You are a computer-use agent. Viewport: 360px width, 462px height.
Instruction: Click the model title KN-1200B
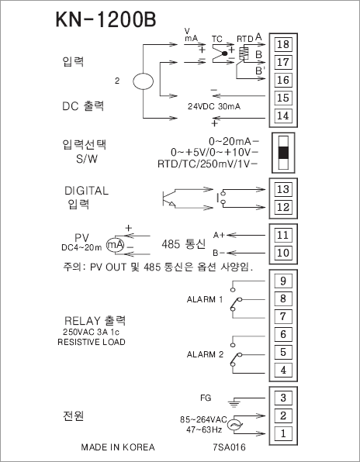pos(106,19)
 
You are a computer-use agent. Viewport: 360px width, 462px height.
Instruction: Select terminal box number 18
pos(283,44)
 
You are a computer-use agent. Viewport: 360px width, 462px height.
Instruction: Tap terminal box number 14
pos(283,115)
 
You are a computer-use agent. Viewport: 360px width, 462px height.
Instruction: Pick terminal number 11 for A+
pos(283,235)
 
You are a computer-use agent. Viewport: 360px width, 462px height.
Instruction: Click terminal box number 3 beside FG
pos(283,398)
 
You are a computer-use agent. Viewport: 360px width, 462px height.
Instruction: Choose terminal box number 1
pos(283,433)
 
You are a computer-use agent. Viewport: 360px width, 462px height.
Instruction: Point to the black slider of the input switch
pos(283,153)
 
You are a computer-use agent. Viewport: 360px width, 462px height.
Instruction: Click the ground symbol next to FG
pos(234,403)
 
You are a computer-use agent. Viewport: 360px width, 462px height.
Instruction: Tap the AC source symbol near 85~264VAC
pos(235,425)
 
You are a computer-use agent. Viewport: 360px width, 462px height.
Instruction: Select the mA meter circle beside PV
pos(116,245)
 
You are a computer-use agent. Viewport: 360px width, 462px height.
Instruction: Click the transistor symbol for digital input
pos(168,198)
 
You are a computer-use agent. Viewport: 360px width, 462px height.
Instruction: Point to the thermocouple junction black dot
pos(225,53)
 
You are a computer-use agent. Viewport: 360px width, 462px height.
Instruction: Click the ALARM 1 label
pos(205,300)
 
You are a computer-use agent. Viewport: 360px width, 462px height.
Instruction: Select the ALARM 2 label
pos(205,354)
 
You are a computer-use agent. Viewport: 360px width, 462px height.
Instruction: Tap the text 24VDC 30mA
pos(214,106)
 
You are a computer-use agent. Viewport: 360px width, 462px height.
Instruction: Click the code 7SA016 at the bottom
pos(229,447)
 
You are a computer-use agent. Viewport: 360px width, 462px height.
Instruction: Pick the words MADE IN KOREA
pos(118,447)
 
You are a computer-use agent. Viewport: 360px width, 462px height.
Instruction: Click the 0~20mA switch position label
pos(230,142)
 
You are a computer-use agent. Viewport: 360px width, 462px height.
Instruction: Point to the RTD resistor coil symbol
pos(243,53)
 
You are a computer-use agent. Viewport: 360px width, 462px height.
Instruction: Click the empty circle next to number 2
pos(143,81)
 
